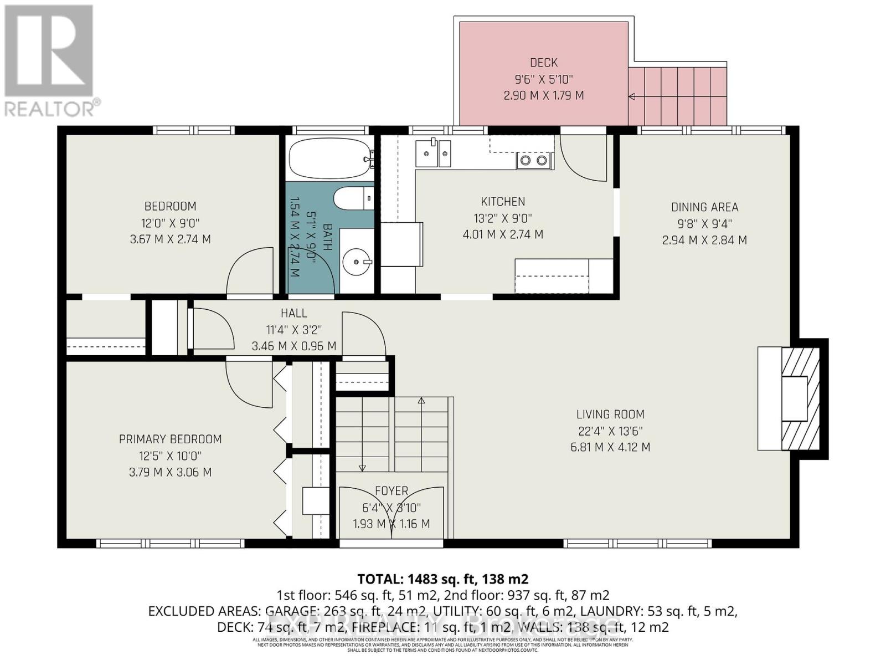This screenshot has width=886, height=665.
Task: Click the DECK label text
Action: [x=543, y=63]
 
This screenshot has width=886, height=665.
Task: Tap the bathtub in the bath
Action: [x=330, y=157]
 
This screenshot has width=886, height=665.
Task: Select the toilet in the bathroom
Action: [x=353, y=198]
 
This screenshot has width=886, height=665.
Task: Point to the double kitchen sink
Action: [x=434, y=153]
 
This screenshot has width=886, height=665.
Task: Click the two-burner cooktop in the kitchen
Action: [x=534, y=161]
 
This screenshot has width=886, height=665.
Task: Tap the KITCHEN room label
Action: [x=503, y=202]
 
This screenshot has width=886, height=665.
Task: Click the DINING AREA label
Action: [x=704, y=207]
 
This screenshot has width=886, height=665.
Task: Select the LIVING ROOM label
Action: [x=610, y=414]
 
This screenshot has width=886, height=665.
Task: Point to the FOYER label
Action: [x=392, y=491]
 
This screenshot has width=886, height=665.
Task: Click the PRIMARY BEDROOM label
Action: [x=170, y=439]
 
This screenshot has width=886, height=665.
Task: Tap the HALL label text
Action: [x=293, y=313]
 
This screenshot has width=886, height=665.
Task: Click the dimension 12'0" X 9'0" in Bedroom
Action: [x=170, y=223]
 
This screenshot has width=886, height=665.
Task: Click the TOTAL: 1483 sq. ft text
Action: [x=442, y=579]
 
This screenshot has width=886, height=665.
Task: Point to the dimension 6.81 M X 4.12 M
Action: [x=610, y=447]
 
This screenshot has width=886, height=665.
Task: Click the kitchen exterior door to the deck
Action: [x=584, y=158]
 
